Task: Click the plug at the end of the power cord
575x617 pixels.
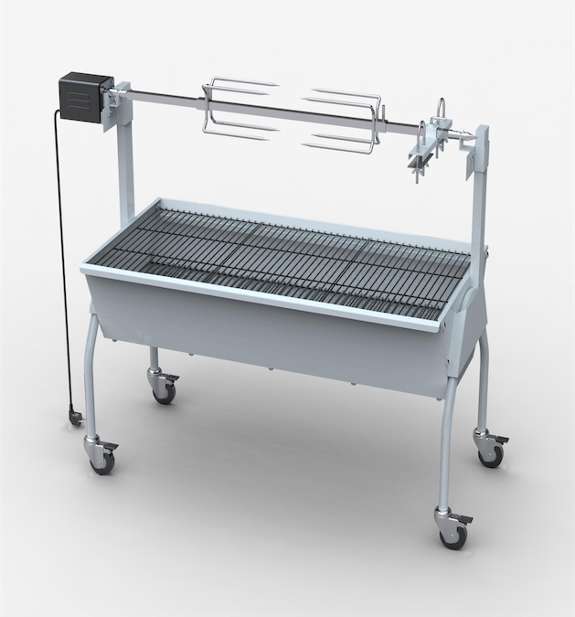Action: (73, 418)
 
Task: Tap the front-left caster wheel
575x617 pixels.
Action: (101, 461)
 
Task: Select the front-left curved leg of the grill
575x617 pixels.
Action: (94, 366)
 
